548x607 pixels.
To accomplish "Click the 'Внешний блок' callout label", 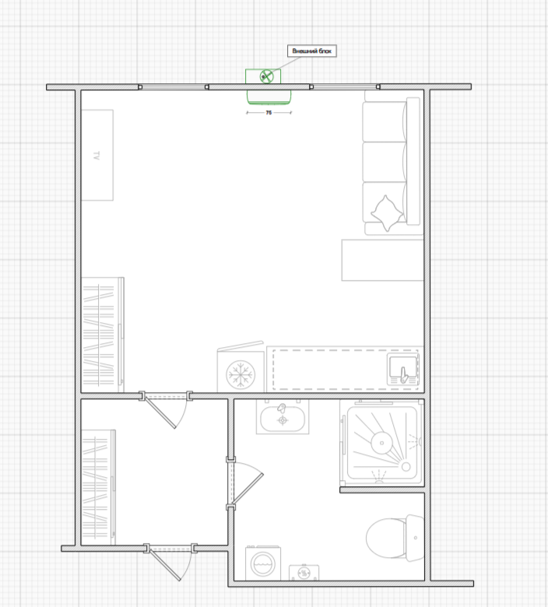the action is coord(312,51).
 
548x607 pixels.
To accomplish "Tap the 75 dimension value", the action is coord(269,113).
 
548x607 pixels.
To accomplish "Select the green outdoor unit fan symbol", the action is coord(266,76).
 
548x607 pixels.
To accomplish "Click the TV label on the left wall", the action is coord(97,155).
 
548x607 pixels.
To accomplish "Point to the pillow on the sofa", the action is coord(387,213).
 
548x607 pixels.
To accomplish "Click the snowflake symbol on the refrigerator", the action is coord(241,375).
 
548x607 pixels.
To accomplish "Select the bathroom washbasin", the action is coord(283,419).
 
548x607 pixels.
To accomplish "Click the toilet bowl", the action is coord(386,538).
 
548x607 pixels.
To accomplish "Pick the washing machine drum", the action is coord(263,563).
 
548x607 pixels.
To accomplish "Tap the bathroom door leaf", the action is coord(248,489).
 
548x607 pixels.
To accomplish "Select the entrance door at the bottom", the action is coord(165,565).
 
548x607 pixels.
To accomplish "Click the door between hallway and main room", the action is coord(160,412).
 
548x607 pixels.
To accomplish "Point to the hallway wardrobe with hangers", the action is coord(98,487).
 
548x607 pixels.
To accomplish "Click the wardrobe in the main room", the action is coord(103,335).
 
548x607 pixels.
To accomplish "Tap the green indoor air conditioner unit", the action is coord(269,96).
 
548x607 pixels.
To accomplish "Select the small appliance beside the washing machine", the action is coord(304,573).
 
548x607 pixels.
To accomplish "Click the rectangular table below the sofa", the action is coord(383,260).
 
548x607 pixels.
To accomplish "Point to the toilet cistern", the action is coord(415,538).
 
